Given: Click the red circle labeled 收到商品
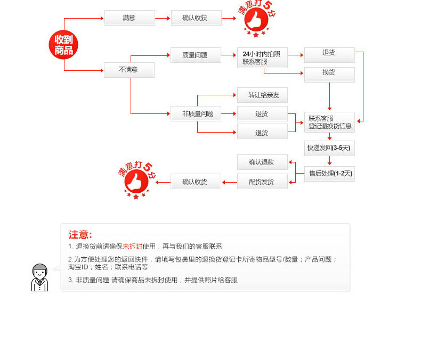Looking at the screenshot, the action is coord(64,45).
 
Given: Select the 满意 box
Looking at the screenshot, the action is coord(129,18).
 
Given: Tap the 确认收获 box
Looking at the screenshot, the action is coord(196,18).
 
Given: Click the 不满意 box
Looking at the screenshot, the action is coord(129,70).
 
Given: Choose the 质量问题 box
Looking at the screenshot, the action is coord(196,55).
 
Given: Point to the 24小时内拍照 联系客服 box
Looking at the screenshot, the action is coord(262,58).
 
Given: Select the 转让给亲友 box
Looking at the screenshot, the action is coord(262,96).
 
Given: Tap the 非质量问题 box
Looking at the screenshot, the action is coord(196,113).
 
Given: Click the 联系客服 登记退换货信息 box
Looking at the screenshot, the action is coord(329,122).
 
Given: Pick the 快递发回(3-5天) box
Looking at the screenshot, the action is coord(329,148).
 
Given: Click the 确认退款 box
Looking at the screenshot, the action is coord(262,162).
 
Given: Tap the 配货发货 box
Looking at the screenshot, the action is coord(262,182).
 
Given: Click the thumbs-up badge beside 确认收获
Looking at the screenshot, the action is coord(256,20).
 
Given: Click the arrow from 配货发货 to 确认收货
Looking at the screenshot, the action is coord(229,182).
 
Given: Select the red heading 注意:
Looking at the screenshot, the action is coord(80,235).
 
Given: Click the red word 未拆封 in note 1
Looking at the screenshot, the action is coord(133,247).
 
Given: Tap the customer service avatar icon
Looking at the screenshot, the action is coord(39,277).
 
